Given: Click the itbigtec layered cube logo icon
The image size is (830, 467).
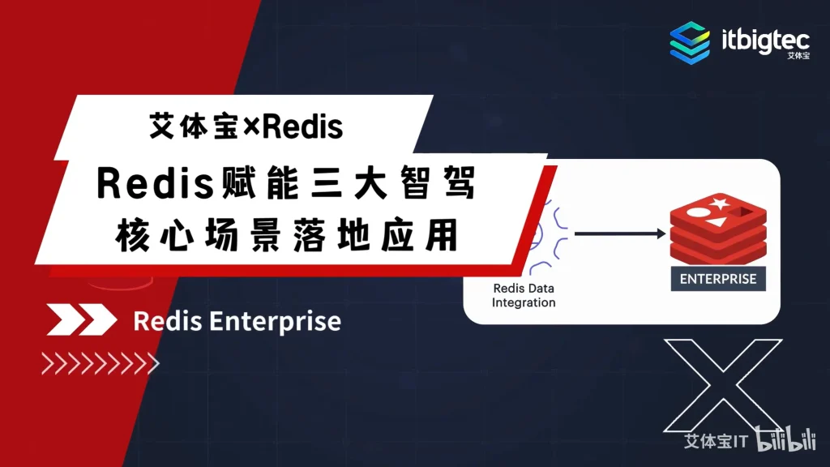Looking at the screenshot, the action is [x=690, y=43].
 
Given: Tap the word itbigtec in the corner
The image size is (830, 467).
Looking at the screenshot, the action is [x=765, y=41].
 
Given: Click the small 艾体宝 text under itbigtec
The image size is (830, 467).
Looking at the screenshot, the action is [x=798, y=56].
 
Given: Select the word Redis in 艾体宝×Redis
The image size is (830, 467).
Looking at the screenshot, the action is [x=302, y=127].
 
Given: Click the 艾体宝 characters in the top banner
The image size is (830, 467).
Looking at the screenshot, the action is [x=195, y=127].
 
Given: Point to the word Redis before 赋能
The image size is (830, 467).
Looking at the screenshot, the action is [x=155, y=183].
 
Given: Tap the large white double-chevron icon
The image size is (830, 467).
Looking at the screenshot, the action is [x=82, y=319].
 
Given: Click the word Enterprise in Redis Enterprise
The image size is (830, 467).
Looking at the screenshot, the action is [x=275, y=321].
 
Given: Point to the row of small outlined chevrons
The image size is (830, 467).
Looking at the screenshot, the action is [x=100, y=363].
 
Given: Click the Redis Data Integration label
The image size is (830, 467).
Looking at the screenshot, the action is [x=524, y=295].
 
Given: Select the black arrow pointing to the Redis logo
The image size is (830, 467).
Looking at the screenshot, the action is [x=620, y=233].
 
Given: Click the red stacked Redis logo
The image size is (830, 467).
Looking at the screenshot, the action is [x=718, y=229].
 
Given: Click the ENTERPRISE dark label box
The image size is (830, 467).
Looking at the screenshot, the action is [x=718, y=279].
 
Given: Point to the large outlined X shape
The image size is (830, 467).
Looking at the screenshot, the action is [x=723, y=385].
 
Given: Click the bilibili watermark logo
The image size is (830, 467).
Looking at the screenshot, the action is [x=786, y=439].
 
